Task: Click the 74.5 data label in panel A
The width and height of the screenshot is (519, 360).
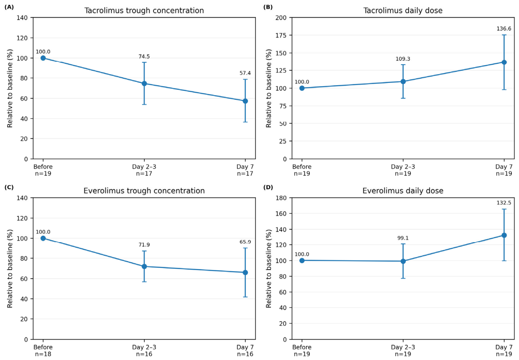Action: point(144,57)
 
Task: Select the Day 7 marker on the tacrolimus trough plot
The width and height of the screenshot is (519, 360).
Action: point(245,101)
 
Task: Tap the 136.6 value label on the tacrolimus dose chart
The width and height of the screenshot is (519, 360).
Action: point(504,29)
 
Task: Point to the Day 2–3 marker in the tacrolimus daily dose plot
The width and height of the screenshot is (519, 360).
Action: point(403,81)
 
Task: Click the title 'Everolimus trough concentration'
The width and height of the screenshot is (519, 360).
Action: point(144,191)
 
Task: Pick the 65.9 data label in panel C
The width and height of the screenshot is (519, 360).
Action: point(245,242)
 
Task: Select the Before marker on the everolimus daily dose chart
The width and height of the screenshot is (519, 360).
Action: point(302,261)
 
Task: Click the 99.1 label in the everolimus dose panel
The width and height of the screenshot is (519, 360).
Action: point(403,238)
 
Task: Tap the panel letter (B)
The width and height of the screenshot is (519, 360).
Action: point(268,7)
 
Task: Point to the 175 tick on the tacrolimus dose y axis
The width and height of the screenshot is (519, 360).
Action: point(281,35)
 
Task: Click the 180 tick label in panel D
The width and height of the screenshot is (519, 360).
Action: point(281,198)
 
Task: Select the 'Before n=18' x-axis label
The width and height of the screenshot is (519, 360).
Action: point(43,351)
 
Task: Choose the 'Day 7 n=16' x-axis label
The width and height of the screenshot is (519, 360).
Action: point(245,351)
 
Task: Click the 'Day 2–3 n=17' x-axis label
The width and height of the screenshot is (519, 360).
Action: point(144,170)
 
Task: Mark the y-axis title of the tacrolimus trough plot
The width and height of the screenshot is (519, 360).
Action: point(9,88)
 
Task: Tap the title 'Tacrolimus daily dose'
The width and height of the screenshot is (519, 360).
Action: point(403,10)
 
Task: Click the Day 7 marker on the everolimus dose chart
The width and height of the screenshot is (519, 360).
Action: point(504,235)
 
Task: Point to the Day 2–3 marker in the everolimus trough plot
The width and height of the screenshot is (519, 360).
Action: point(144,267)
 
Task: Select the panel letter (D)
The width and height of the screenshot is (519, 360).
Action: point(268,187)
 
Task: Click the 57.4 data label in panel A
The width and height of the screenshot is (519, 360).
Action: point(245,73)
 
